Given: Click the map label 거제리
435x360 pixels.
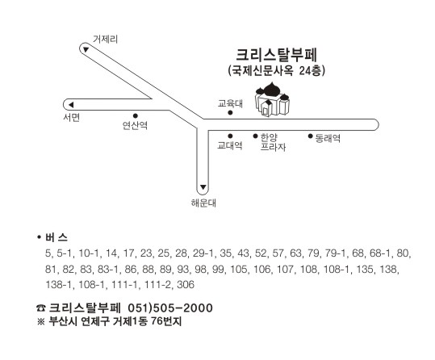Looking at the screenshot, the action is [105, 39].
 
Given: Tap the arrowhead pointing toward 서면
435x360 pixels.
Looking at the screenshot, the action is [71, 105].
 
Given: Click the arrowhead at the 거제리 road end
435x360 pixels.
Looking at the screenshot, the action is [86, 50].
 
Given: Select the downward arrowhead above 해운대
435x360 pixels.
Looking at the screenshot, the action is [203, 187].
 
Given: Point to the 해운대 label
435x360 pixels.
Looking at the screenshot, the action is [203, 203].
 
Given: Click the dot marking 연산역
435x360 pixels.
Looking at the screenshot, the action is [136, 115].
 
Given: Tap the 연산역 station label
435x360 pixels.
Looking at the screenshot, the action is [135, 126].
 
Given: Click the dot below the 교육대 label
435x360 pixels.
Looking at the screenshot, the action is [230, 113].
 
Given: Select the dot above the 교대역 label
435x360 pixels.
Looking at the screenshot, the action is [230, 136].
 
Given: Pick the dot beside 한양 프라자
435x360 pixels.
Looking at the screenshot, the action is [255, 136].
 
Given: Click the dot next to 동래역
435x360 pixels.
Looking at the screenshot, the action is [311, 136].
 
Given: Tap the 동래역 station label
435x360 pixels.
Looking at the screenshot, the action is [328, 138].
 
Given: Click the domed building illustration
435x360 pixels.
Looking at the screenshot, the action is [272, 98].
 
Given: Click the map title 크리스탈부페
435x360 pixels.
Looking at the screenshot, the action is [276, 55].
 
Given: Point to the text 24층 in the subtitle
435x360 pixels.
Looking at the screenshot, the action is [312, 71].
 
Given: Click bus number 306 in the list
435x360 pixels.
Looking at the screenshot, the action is [186, 285].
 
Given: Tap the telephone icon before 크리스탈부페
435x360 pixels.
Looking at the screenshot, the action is [41, 308].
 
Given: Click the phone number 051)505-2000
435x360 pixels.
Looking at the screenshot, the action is [170, 308].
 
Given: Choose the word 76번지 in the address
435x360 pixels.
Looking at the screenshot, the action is [166, 321].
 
